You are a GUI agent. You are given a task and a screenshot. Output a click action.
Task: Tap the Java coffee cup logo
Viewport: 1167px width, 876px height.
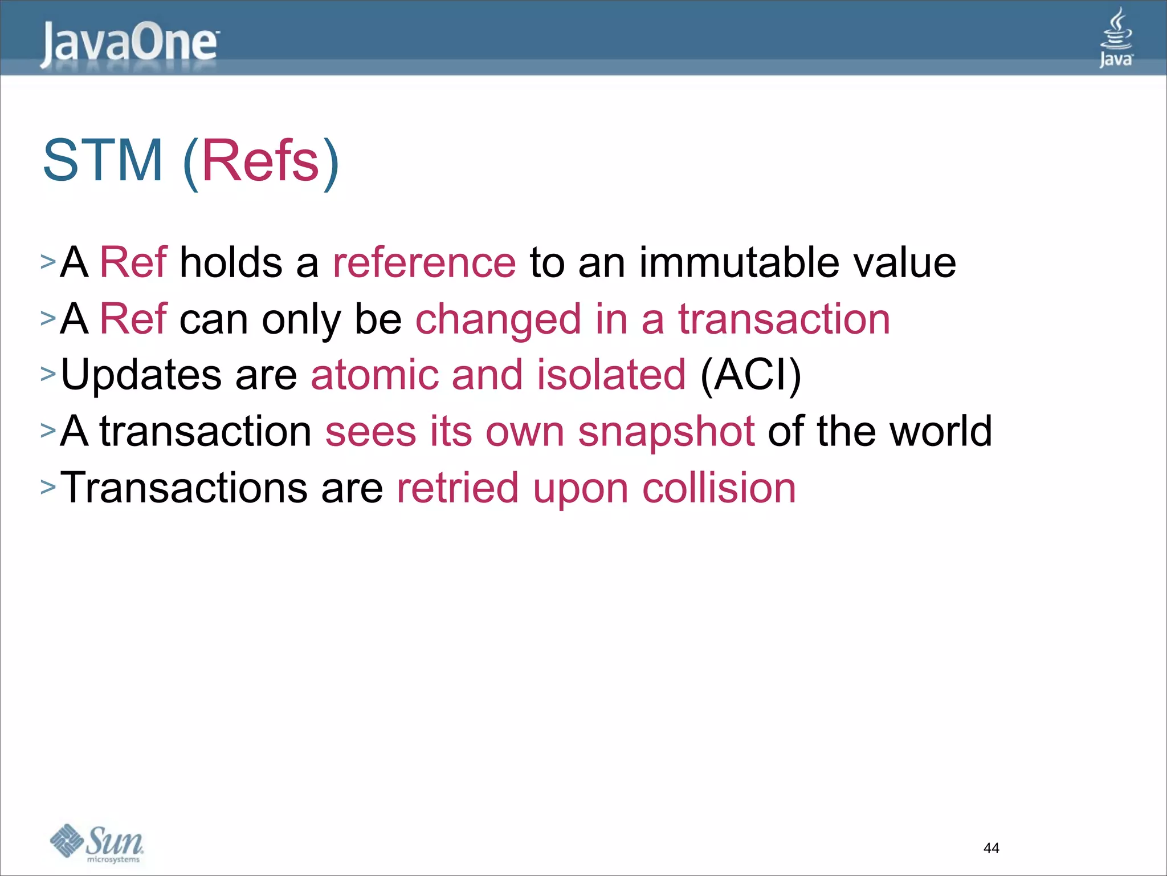tap(1116, 37)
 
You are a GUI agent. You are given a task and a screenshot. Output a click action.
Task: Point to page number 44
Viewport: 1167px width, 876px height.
tap(991, 848)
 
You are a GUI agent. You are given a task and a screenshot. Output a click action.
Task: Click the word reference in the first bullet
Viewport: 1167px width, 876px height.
tap(424, 263)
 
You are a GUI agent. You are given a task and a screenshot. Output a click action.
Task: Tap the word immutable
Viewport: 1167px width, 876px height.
tap(738, 263)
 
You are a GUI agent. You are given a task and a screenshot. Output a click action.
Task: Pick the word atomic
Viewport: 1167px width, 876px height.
tap(374, 375)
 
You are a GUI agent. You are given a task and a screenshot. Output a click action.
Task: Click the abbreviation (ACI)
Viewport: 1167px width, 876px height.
tap(750, 375)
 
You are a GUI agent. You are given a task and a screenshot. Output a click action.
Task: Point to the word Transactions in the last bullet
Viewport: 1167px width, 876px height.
tap(183, 488)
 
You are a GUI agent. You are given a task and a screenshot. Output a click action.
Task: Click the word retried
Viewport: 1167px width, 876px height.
tap(457, 488)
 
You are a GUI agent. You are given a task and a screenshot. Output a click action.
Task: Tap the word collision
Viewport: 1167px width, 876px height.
tap(719, 488)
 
